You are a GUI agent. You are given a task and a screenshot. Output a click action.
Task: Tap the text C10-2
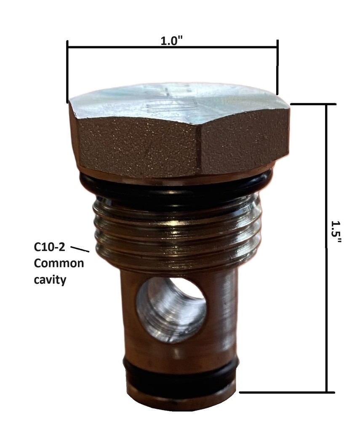coord(49,247)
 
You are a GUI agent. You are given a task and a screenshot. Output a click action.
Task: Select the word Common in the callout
coord(59,264)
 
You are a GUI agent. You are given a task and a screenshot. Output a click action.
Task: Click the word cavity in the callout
coord(50,280)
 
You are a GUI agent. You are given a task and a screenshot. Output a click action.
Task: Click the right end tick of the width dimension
coord(277,67)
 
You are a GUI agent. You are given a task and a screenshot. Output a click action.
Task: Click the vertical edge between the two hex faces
coord(199,147)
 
